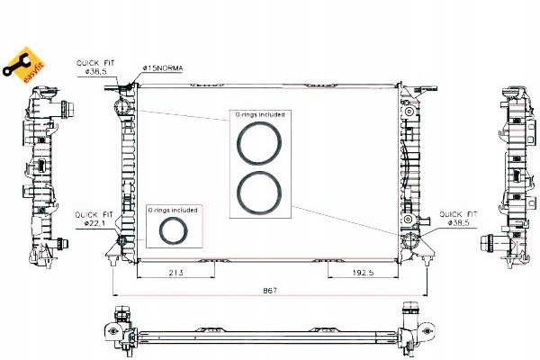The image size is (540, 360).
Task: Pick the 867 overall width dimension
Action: (x=269, y=290)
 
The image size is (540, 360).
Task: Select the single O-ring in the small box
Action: (x=172, y=231)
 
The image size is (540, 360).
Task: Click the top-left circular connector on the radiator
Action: (x=120, y=110)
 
